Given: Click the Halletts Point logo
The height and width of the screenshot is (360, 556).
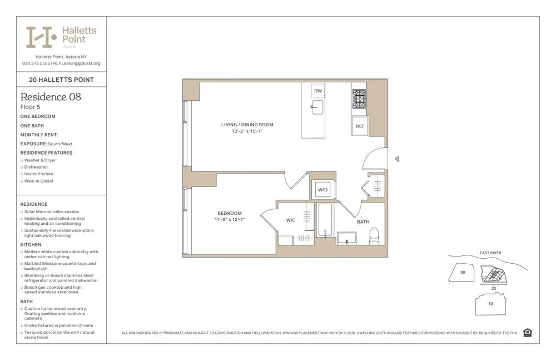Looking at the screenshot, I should pyautogui.click(x=61, y=37).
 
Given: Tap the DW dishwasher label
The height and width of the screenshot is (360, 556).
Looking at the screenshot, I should pyautogui.click(x=318, y=91).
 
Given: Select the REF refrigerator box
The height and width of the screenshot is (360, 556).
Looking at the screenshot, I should pyautogui.click(x=360, y=126).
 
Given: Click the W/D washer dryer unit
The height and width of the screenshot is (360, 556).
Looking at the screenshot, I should pyautogui.click(x=323, y=190).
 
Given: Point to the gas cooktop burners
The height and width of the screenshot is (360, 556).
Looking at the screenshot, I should pyautogui.click(x=359, y=98).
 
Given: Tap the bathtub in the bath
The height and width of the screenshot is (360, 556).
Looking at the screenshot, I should pyautogui.click(x=325, y=220).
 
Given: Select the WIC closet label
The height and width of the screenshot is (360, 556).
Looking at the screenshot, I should pyautogui.click(x=291, y=220).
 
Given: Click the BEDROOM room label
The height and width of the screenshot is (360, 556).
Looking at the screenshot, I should pyautogui.click(x=230, y=213).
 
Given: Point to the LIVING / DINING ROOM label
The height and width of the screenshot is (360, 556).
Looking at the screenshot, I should pyautogui.click(x=247, y=125).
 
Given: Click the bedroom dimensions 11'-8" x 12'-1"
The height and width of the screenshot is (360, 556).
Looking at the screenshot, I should pyautogui.click(x=230, y=220).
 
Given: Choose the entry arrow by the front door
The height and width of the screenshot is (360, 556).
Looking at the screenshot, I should pyautogui.click(x=396, y=159).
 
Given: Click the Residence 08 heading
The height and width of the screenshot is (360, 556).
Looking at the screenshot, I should pyautogui.click(x=51, y=97).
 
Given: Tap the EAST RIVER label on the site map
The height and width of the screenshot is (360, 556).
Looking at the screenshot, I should pyautogui.click(x=490, y=253).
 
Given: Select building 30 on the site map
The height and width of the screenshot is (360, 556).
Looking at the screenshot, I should pyautogui.click(x=463, y=273).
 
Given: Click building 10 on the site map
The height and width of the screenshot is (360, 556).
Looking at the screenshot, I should pyautogui.click(x=490, y=304).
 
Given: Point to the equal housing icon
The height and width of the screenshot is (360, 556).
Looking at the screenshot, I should pyautogui.click(x=528, y=333).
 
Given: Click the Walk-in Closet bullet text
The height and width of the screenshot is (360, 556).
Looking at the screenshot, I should pyautogui.click(x=39, y=181).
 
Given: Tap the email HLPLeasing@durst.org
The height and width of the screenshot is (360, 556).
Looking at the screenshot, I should pyautogui.click(x=77, y=63).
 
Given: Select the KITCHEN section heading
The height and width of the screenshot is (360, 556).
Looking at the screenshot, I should pyautogui.click(x=31, y=244).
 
